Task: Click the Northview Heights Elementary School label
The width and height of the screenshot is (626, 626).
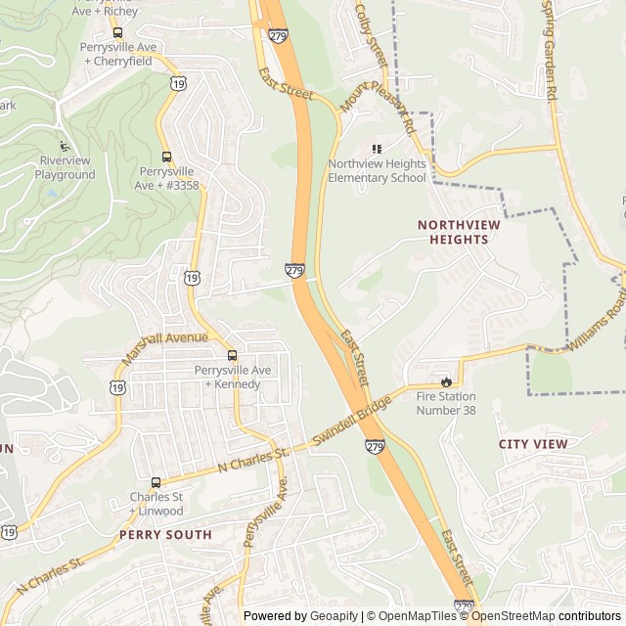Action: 377,170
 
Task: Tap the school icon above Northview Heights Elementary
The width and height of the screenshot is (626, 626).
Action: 377,149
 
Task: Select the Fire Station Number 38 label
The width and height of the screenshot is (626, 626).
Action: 446,403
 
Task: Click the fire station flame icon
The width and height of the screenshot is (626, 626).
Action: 446,381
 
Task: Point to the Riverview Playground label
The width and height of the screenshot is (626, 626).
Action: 66,168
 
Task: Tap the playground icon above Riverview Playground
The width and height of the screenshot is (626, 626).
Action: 66,146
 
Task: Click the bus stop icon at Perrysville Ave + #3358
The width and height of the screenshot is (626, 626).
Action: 166,156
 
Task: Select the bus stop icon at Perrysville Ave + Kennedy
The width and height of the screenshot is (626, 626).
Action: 232,356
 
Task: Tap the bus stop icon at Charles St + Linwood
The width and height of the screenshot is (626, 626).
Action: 156,482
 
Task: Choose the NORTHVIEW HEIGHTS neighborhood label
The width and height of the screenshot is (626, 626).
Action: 459,232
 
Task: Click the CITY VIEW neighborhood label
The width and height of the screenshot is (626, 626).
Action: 533,444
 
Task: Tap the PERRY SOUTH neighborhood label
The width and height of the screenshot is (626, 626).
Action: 165,535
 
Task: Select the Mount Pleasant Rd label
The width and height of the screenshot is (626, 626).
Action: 379,109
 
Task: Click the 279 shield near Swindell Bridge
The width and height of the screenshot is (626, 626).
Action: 376,447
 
